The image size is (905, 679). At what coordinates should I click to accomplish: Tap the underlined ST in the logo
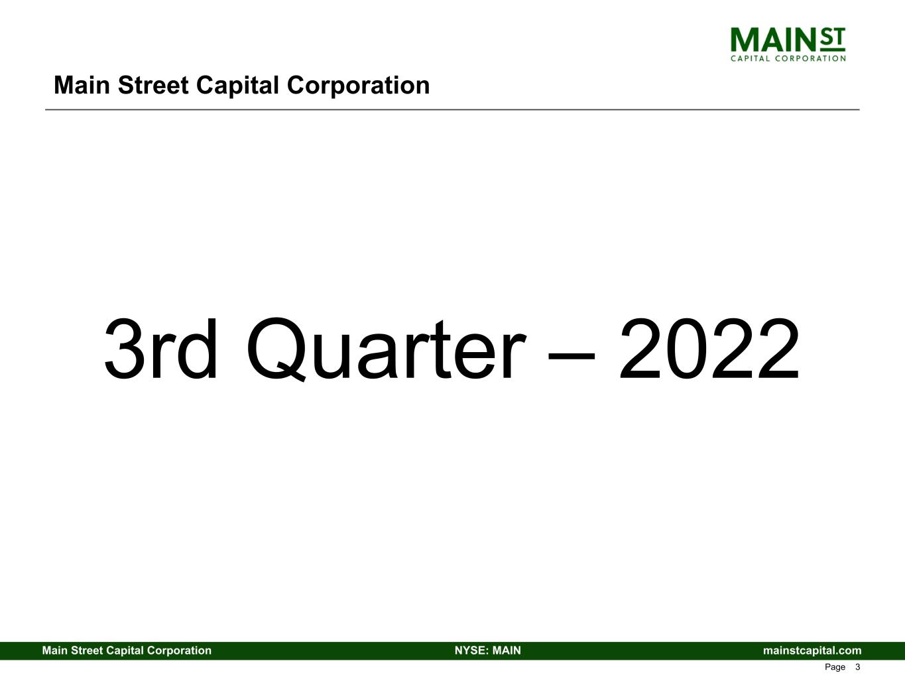pos(833,39)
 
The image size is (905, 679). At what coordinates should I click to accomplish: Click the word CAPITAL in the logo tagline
pos(750,58)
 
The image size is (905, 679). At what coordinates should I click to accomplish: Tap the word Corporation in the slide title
pos(358,86)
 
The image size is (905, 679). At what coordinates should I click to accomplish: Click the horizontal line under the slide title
pos(452,109)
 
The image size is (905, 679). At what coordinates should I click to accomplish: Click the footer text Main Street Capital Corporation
pos(127,650)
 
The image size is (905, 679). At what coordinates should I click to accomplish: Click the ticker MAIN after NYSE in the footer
pos(506,650)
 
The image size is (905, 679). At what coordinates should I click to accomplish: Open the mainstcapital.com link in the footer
pos(812,650)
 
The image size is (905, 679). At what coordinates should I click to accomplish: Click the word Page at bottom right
pos(835,667)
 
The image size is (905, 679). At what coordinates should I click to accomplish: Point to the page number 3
pos(857,667)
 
